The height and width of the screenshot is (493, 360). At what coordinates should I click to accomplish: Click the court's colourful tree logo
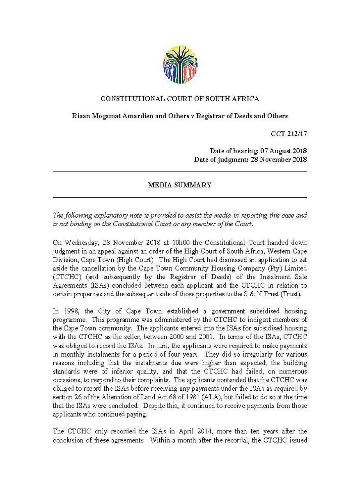(180, 65)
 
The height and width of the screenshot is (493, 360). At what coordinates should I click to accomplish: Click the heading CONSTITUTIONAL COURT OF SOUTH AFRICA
(180, 99)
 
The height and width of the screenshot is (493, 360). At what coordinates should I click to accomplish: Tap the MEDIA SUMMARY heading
(180, 185)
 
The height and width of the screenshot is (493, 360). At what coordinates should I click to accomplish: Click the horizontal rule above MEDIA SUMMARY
(180, 171)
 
